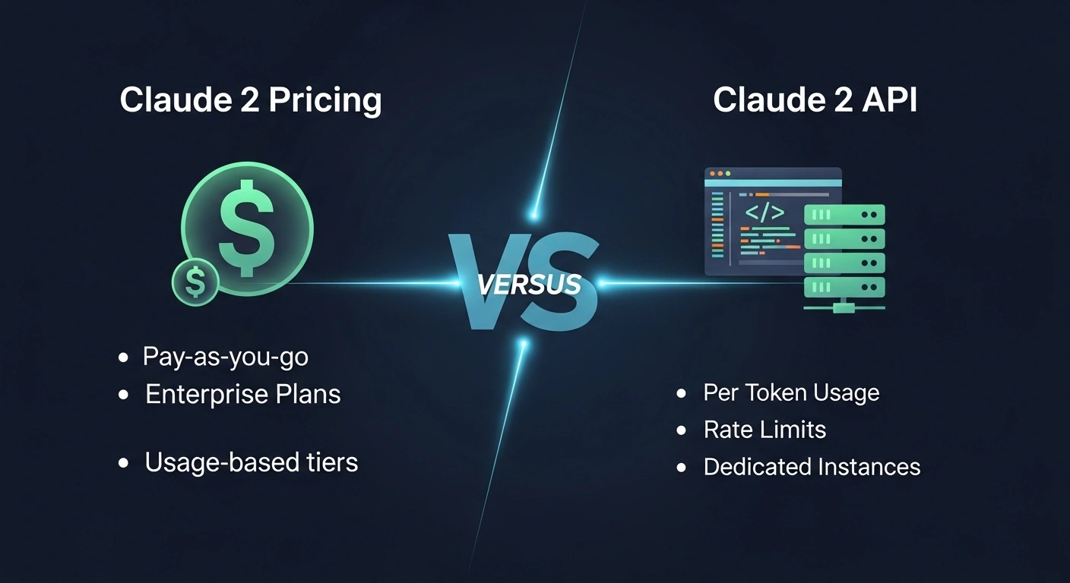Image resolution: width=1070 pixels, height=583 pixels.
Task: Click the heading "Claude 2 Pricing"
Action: [251, 100]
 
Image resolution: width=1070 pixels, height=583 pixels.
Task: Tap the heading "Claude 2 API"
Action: [815, 99]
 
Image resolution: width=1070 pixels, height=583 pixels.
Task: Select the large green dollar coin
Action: [248, 228]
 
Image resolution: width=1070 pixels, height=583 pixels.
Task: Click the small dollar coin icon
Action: [195, 282]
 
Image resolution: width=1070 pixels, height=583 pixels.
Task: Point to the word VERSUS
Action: [529, 285]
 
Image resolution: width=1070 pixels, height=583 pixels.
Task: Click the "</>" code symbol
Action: [765, 213]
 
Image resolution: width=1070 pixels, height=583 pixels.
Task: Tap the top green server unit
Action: [844, 215]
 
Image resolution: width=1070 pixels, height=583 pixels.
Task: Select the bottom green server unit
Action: [844, 287]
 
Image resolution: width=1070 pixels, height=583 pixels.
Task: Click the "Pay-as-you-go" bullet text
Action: [226, 357]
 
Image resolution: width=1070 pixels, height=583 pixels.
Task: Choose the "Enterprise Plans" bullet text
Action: [242, 394]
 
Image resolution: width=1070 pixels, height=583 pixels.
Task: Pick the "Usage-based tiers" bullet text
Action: [252, 462]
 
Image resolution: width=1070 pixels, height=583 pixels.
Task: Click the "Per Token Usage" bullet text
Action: [791, 392]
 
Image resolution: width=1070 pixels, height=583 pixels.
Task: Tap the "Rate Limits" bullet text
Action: [765, 430]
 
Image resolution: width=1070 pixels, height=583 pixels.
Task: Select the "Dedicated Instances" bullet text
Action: [812, 467]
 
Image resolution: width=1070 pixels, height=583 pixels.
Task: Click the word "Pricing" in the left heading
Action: [325, 100]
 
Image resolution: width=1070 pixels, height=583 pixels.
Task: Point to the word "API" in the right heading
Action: [889, 99]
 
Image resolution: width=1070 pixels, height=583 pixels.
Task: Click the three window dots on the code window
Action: [720, 174]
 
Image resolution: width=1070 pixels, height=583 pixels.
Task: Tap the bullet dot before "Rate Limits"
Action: [681, 430]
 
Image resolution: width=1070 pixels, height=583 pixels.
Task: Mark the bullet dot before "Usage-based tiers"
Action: [123, 463]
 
